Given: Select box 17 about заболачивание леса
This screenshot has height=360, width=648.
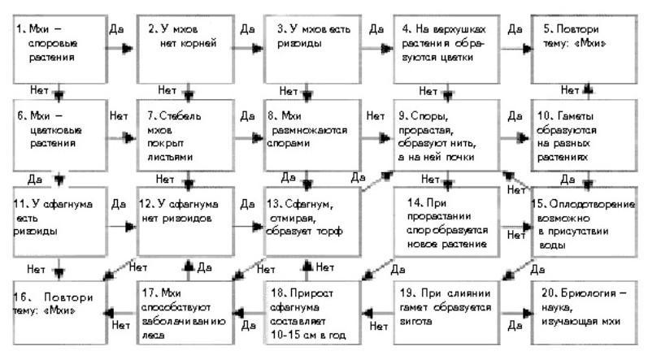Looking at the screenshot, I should tap(186, 307).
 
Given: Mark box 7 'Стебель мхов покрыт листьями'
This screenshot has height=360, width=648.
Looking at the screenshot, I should tap(186, 129).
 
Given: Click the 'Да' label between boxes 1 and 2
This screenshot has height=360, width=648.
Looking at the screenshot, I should tap(115, 28).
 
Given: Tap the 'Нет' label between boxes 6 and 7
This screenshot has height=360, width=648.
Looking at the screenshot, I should tap(118, 116).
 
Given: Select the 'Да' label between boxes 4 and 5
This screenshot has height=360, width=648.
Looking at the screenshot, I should tap(514, 28).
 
